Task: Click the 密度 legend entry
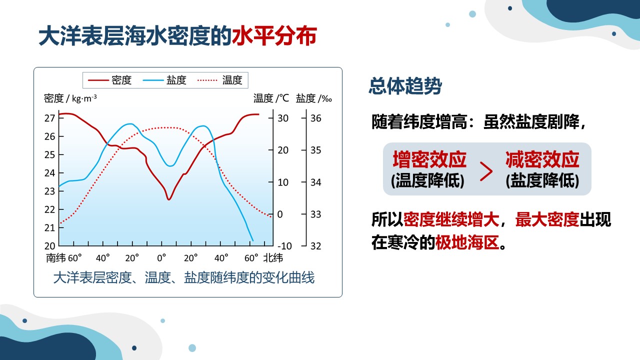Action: (109, 80)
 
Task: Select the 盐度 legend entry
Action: (164, 80)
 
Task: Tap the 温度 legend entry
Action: (219, 80)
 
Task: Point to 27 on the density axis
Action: (49, 118)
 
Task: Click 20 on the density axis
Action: (49, 245)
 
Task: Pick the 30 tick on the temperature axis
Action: (283, 118)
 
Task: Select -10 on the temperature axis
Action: (284, 245)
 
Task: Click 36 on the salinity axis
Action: (315, 118)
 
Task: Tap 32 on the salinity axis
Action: (315, 245)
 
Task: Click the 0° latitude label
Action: (161, 258)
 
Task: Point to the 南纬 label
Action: (55, 258)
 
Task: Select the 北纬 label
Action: (273, 258)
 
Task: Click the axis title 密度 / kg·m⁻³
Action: (70, 98)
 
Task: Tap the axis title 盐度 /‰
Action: (313, 98)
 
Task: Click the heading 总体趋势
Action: (405, 85)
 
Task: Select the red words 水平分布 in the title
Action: (274, 36)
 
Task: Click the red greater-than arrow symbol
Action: (486, 171)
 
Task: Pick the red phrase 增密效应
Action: (429, 159)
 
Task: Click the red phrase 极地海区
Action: (467, 242)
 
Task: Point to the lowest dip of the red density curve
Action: (169, 199)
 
